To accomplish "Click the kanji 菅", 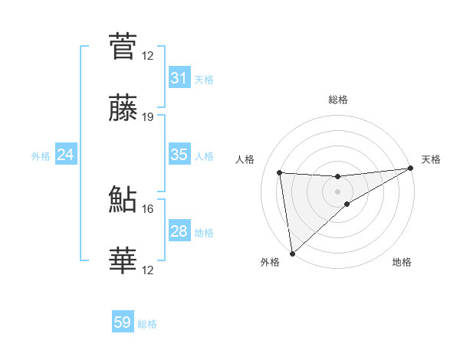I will [123, 45].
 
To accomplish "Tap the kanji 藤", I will [123, 109].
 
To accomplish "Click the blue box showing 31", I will [179, 78].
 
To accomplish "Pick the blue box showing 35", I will [179, 155].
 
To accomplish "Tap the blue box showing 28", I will [179, 231].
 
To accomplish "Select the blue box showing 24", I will [65, 155].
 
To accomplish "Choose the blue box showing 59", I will [123, 322].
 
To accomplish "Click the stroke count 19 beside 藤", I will [148, 117].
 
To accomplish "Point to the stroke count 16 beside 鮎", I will [148, 208].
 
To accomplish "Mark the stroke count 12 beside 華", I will [148, 270].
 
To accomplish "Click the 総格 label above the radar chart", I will [337, 100].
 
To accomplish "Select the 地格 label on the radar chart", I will [402, 262].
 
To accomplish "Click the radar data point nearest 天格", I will [410, 169].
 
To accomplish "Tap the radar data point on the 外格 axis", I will [291, 253].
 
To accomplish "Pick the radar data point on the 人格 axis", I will [280, 172].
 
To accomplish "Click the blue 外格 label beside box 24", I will [41, 155].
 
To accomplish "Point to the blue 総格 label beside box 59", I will [147, 324].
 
